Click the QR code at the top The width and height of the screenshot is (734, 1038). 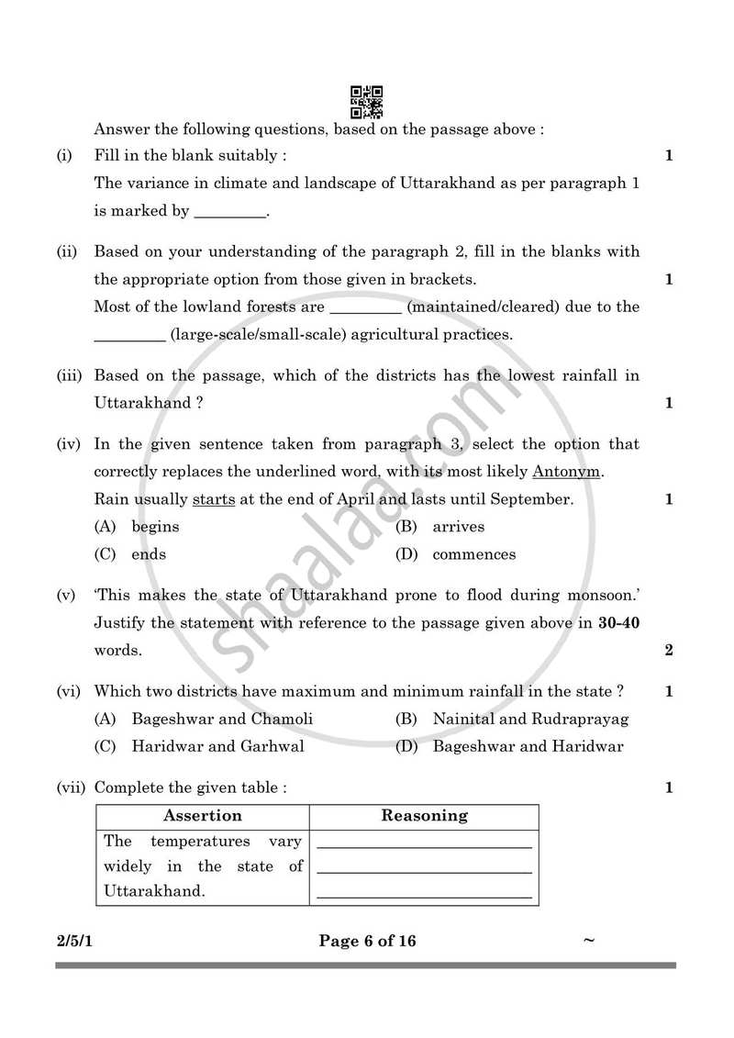tap(367, 102)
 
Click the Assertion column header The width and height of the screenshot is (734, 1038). tap(203, 816)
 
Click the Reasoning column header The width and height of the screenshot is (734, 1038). tap(424, 816)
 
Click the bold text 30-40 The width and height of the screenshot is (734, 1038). tap(618, 623)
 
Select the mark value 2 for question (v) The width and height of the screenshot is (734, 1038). tap(669, 651)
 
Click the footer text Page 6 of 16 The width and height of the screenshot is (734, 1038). tap(367, 941)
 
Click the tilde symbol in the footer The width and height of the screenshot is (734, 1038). tap(589, 940)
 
